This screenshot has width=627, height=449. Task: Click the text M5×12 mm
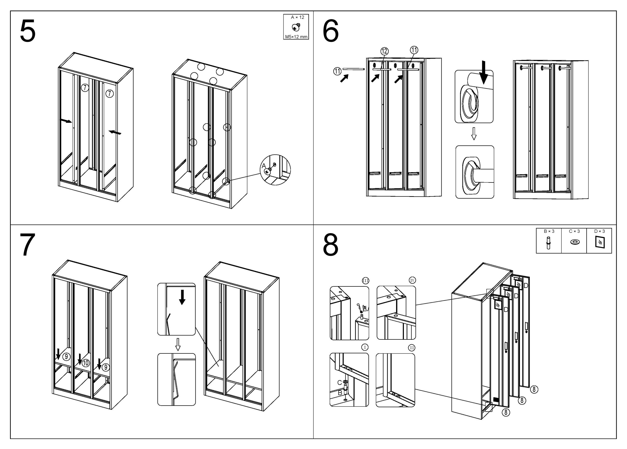pyautogui.click(x=296, y=37)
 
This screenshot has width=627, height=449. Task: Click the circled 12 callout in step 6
pyautogui.click(x=385, y=51)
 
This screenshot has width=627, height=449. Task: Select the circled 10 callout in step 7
pyautogui.click(x=86, y=363)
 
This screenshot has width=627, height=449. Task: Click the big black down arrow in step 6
pyautogui.click(x=483, y=73)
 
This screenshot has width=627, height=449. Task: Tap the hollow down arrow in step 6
pyautogui.click(x=474, y=134)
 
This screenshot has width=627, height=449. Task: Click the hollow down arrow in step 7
pyautogui.click(x=178, y=344)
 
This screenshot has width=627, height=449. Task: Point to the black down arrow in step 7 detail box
pyautogui.click(x=182, y=297)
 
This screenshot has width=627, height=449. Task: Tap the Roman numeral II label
pyautogui.click(x=412, y=348)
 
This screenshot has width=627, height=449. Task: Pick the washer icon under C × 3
pyautogui.click(x=575, y=242)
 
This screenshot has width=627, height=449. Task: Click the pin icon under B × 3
pyautogui.click(x=548, y=243)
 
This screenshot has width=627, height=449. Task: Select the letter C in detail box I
pyautogui.click(x=339, y=383)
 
